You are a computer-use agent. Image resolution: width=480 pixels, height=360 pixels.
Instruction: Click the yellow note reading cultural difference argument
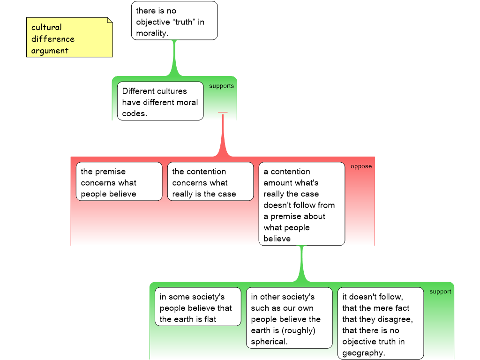coord(69,37)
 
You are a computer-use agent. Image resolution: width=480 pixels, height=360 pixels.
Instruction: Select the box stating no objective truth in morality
coord(174,21)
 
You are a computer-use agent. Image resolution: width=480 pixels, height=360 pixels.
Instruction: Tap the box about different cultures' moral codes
coord(160,101)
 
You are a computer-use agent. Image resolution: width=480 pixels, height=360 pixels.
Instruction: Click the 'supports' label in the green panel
coord(221,86)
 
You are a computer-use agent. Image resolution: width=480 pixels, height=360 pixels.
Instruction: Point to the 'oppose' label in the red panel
coord(361,166)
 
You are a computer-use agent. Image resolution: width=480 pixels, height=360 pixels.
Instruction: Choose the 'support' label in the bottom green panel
coord(440,292)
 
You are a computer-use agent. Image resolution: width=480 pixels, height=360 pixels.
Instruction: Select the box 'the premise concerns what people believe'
coord(119,181)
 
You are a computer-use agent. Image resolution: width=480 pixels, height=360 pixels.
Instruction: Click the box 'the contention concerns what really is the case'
coord(210,181)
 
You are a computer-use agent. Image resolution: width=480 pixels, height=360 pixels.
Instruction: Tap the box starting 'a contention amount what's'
coord(302,204)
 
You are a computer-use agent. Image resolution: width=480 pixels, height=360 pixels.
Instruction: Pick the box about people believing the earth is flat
coord(198,307)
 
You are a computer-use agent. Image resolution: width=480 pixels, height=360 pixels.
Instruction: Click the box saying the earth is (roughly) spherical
coord(289,318)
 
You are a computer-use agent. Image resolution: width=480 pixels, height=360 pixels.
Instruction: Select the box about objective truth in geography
coord(381,323)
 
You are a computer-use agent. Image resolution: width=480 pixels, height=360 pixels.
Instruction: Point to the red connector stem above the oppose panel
coord(223,135)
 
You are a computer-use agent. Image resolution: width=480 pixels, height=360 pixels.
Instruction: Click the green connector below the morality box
coord(174,58)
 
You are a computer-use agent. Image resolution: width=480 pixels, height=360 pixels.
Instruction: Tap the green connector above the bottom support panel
coord(302,264)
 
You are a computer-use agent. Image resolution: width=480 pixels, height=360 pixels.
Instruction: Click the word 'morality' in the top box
coord(152,33)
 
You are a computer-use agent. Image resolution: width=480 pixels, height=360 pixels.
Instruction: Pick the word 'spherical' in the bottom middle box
coord(269,342)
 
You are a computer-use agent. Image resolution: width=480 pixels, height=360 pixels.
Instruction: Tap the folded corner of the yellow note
coord(110,20)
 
